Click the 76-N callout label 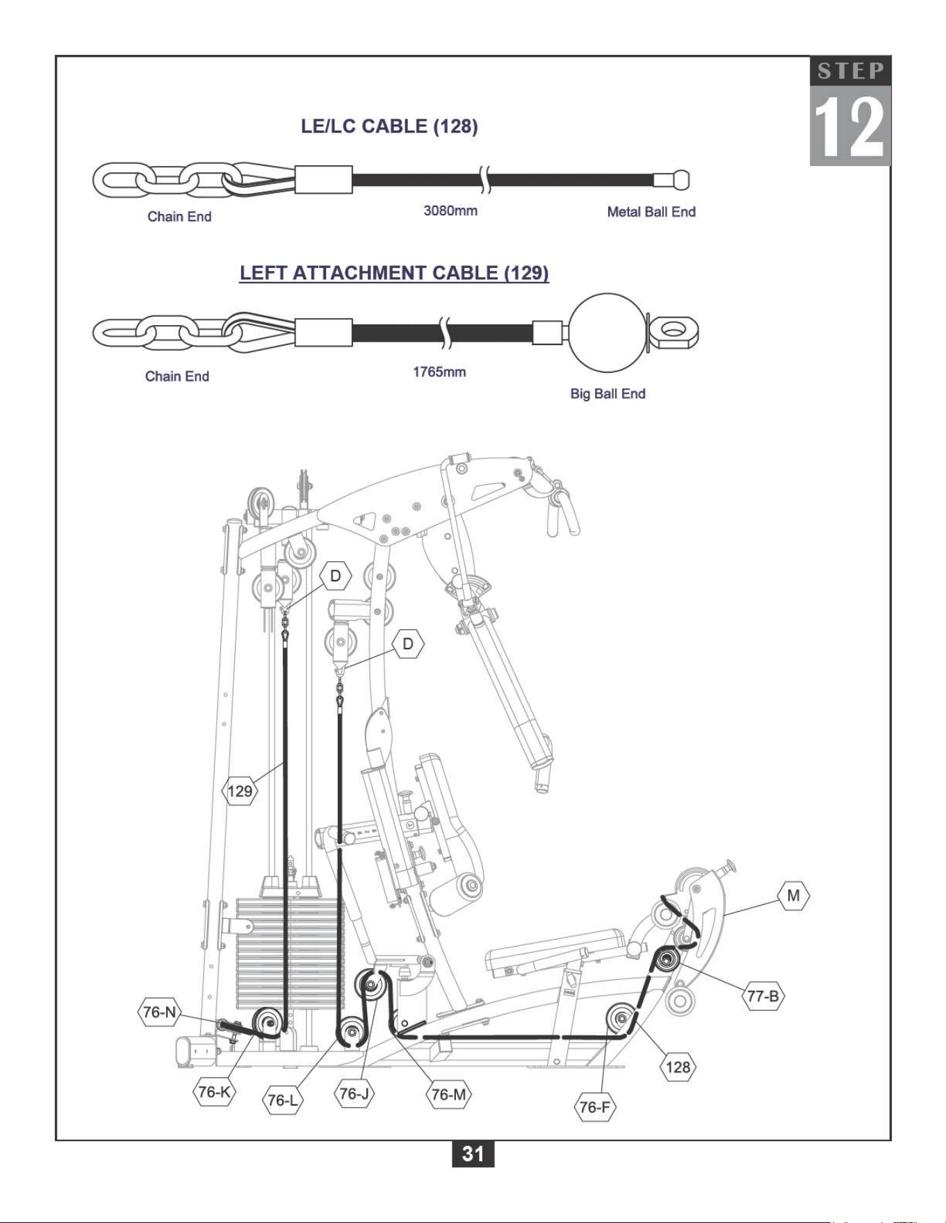click(x=159, y=1012)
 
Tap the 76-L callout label click(x=283, y=1100)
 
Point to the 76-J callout click(x=354, y=1094)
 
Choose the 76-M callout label click(x=448, y=1095)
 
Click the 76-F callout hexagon click(x=595, y=1106)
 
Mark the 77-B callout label click(x=763, y=996)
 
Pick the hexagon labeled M click(x=793, y=896)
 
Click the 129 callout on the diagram click(x=240, y=790)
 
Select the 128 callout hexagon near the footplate click(x=678, y=1067)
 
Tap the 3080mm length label click(x=450, y=210)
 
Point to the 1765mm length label click(x=439, y=372)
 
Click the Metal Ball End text click(x=651, y=212)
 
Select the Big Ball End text click(x=608, y=394)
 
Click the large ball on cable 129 click(x=607, y=332)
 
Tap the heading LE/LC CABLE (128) click(x=389, y=126)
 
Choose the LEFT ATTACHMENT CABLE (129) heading click(x=394, y=273)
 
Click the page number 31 click(x=473, y=1154)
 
